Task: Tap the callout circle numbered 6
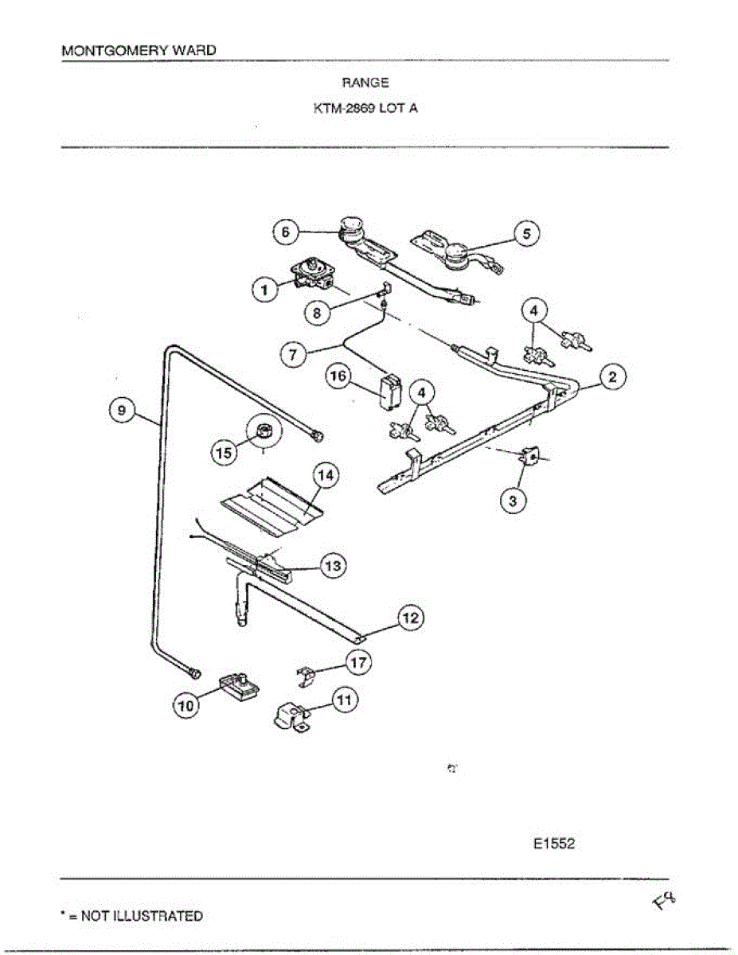point(283,232)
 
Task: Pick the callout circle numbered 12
point(411,617)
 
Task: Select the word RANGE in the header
point(365,82)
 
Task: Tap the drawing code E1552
point(553,844)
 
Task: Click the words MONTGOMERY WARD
point(138,50)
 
